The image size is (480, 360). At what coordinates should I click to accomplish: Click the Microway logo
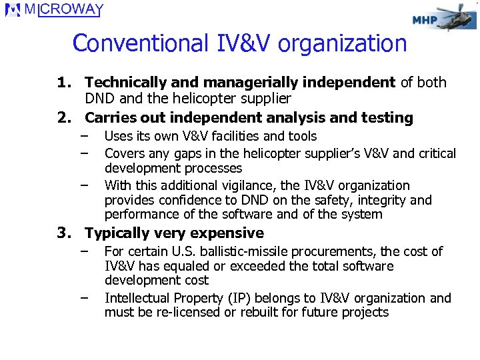coord(54,11)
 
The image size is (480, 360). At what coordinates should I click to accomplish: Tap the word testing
coord(387,118)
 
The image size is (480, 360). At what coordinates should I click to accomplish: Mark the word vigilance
coord(244,185)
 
